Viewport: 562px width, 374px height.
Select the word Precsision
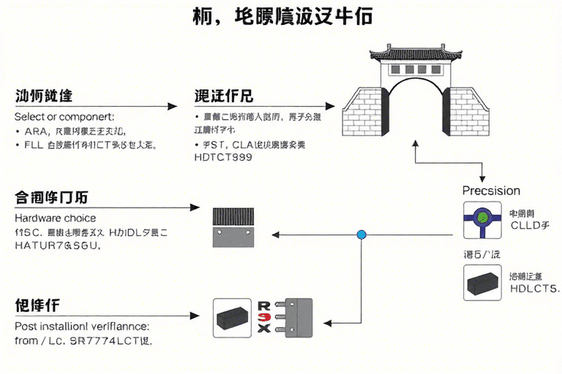(491, 191)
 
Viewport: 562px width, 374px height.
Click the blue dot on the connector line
(361, 234)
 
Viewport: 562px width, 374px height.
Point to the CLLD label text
(528, 226)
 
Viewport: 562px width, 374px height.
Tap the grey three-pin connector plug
(296, 317)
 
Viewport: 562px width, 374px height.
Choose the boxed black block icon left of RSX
(233, 318)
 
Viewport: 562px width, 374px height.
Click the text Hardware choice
(55, 218)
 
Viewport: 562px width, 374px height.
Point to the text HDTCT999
(223, 157)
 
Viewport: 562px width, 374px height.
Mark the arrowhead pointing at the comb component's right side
(276, 234)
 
